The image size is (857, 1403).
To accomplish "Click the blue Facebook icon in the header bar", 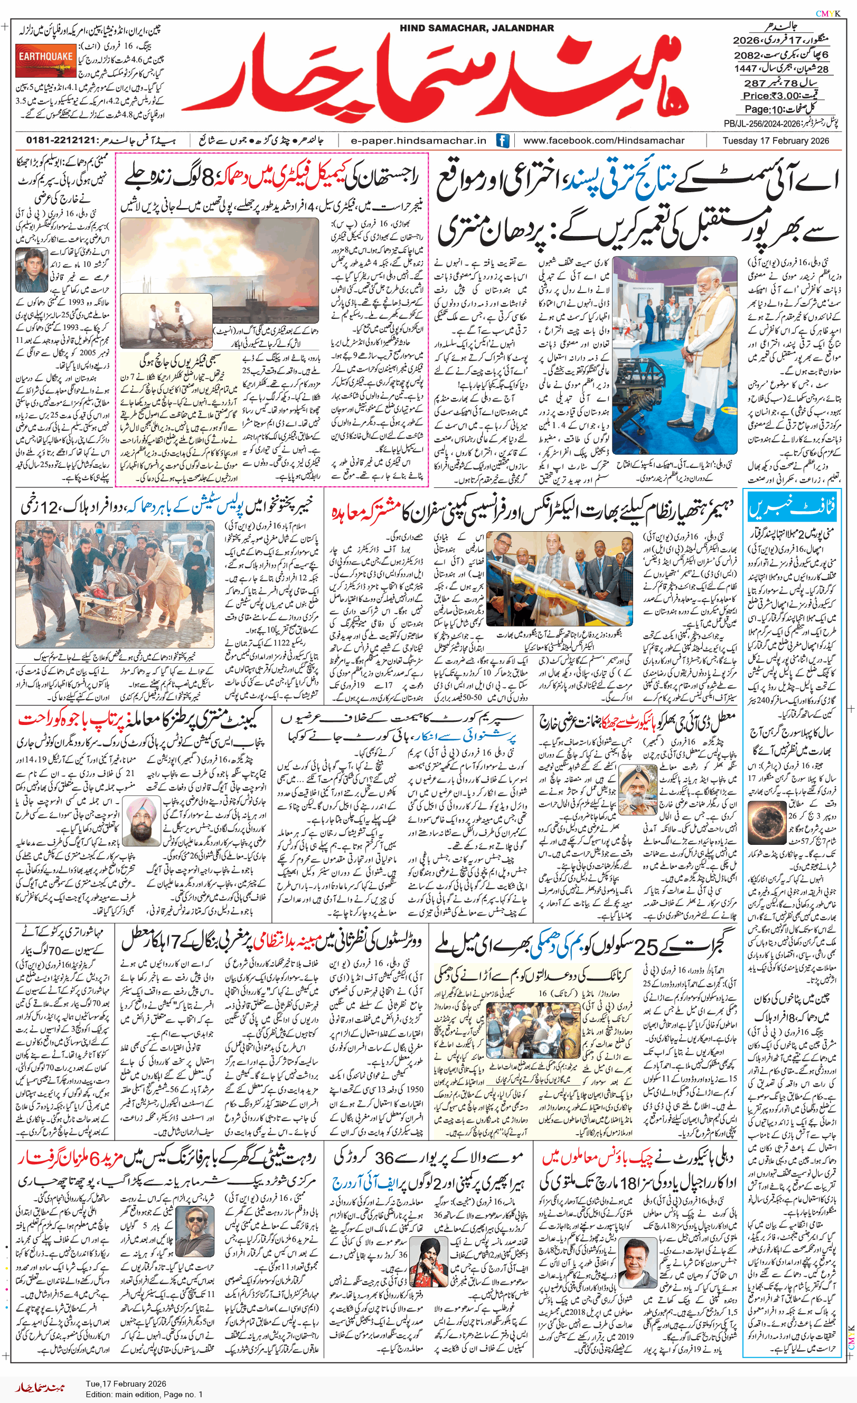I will click(x=502, y=140).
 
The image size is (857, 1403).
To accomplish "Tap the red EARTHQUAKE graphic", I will click(x=45, y=63).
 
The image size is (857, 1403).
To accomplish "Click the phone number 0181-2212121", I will click(x=61, y=140).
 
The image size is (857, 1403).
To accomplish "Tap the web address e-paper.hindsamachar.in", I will click(x=418, y=140).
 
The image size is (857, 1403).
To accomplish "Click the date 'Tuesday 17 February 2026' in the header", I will click(x=776, y=140).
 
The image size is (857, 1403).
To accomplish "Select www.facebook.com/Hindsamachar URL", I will click(x=604, y=140).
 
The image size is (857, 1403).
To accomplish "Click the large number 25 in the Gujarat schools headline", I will click(x=646, y=946).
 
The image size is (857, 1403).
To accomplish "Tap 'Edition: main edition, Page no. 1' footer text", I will click(x=144, y=1395).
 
